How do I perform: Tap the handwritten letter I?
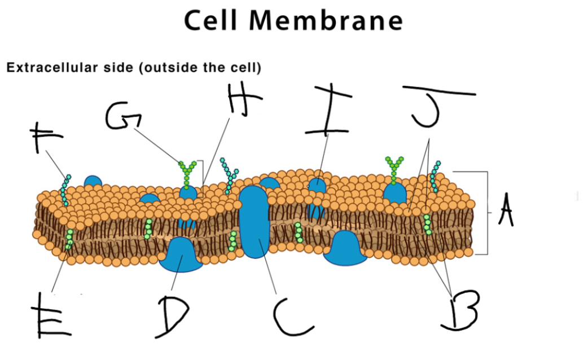click(328, 110)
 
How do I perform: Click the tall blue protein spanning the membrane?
click(254, 222)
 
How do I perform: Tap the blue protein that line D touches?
click(181, 254)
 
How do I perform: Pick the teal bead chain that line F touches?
click(65, 190)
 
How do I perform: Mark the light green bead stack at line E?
click(69, 239)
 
